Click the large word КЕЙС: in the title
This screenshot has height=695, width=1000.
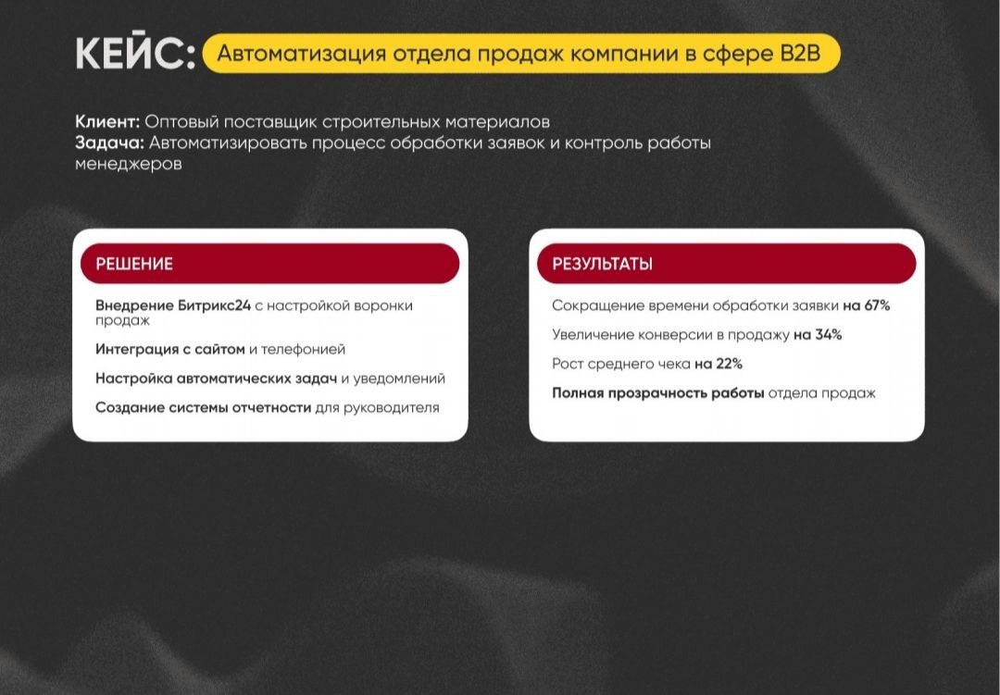135,54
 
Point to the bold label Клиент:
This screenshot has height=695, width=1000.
107,121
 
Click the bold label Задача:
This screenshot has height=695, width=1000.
109,143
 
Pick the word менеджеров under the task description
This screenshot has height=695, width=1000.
129,164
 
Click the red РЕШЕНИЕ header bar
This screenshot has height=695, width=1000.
269,264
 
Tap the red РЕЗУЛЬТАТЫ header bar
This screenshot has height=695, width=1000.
726,264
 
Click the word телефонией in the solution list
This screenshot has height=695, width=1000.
304,350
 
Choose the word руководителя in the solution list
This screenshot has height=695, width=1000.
393,407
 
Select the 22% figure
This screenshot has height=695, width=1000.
728,364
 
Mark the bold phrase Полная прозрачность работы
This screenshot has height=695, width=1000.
657,393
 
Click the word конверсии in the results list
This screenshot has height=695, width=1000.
672,335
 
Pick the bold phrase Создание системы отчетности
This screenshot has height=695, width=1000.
203,407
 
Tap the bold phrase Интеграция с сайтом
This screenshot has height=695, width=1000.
169,350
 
